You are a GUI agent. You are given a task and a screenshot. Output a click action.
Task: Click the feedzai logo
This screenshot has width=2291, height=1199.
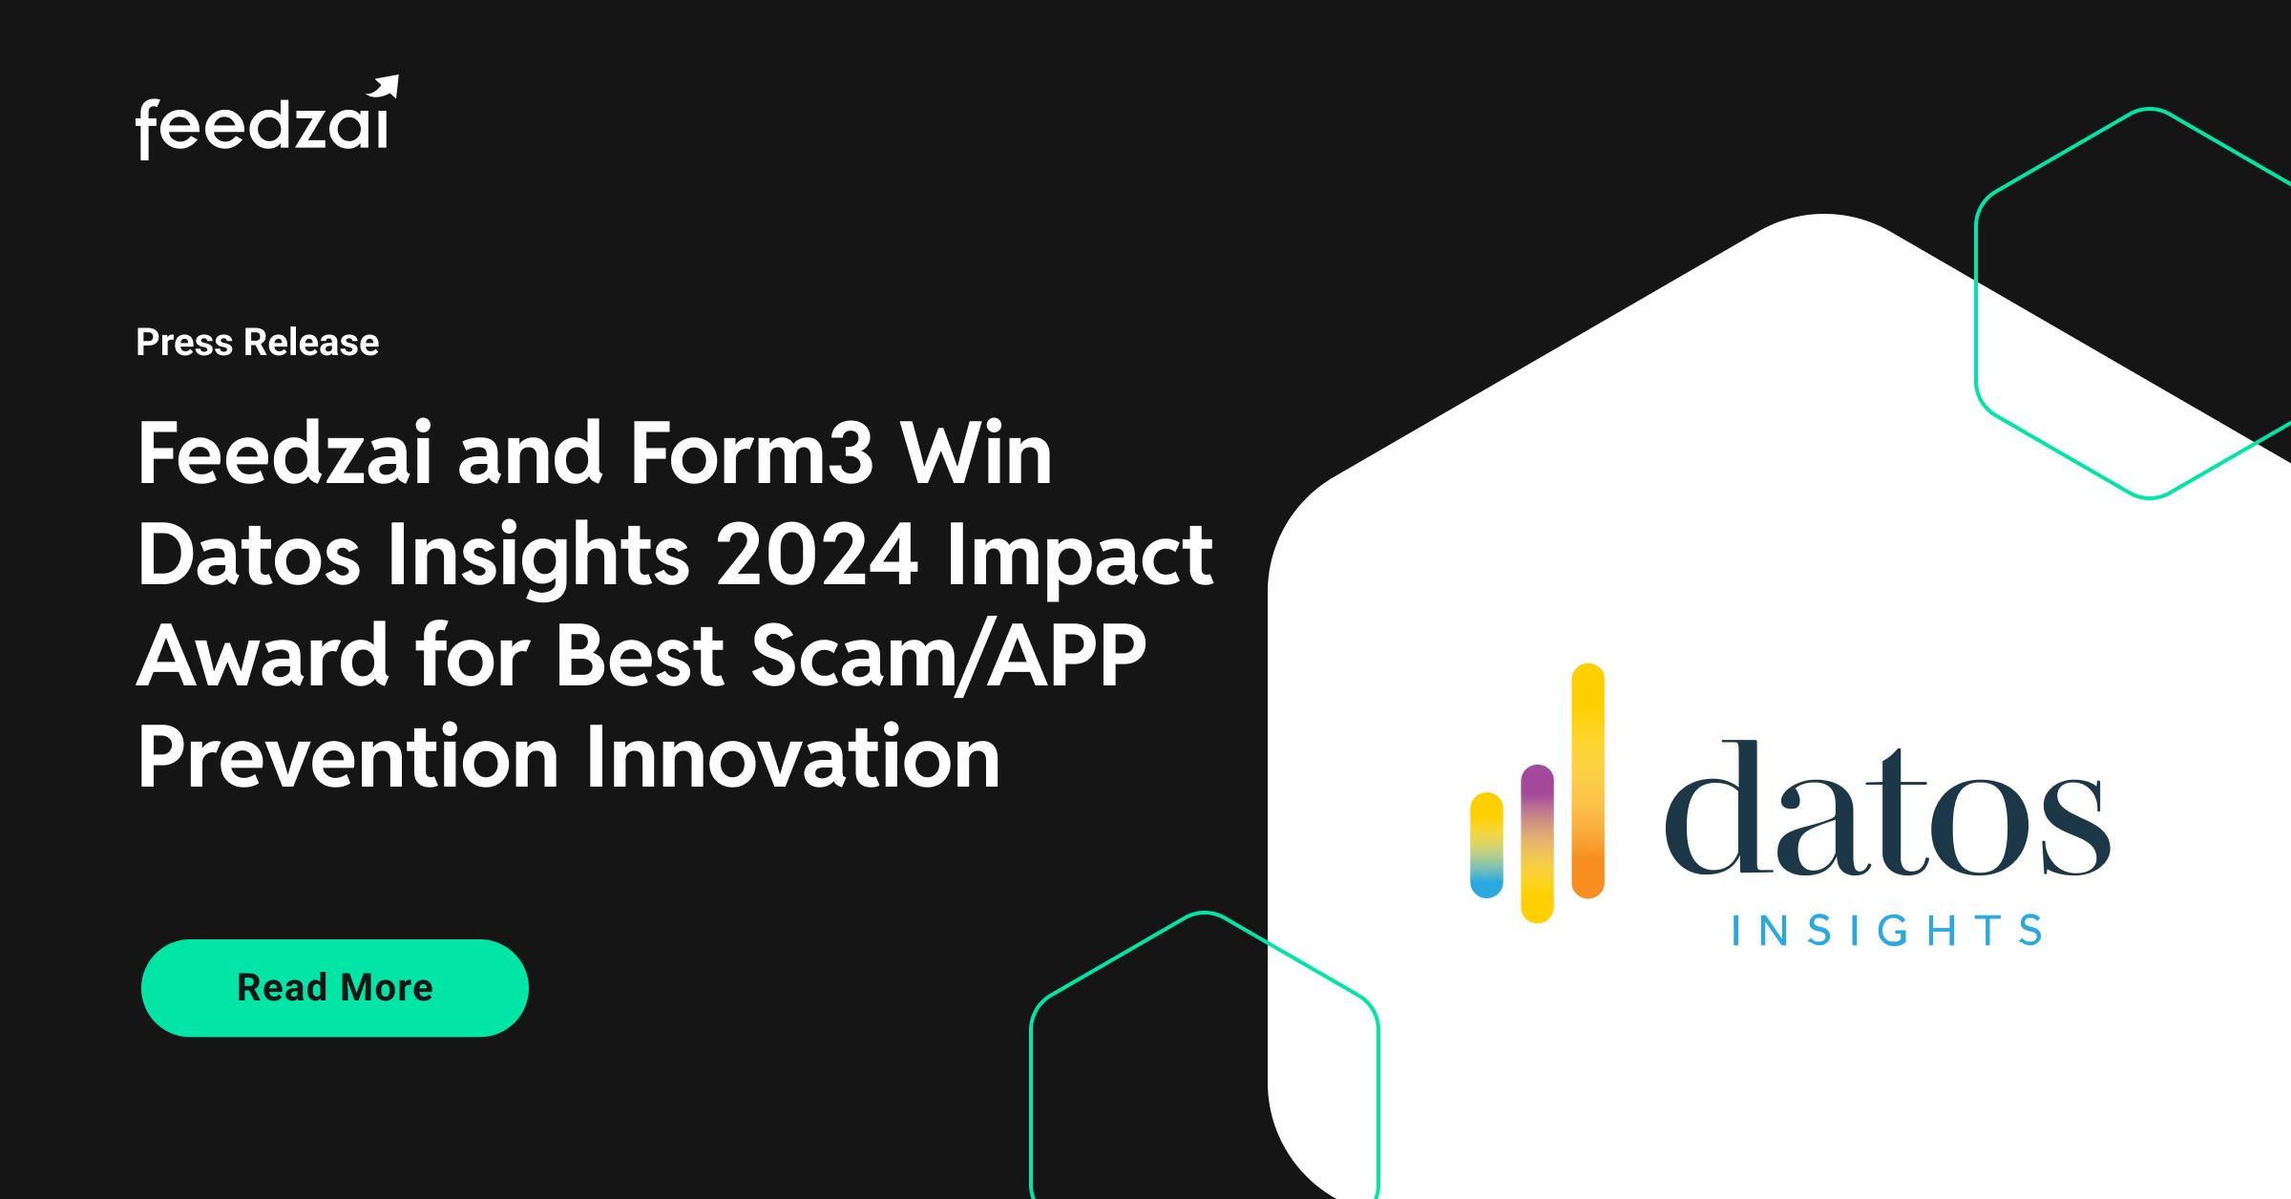pos(263,124)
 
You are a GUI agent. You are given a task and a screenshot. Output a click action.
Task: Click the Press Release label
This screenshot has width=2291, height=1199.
pos(257,342)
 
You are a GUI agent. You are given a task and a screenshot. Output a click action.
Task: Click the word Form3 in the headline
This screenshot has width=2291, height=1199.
pos(751,454)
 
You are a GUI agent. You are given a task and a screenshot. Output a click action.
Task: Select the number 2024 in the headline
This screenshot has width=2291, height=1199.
pos(817,556)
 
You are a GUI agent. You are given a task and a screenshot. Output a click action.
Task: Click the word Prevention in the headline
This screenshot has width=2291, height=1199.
pos(348,758)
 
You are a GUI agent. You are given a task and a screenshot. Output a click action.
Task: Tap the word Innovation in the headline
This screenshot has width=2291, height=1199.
pos(792,758)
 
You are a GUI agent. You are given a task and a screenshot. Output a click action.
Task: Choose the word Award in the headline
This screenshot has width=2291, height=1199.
pos(263,657)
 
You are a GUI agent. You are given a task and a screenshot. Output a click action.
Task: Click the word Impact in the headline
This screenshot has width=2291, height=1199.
pos(1080,556)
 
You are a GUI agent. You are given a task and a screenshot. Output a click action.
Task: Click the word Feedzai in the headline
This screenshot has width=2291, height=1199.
pos(284,454)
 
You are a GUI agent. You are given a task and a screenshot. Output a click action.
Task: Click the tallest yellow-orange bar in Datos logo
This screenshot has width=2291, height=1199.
pos(1587,781)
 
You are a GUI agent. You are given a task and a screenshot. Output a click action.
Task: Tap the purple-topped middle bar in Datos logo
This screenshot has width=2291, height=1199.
pos(1537,844)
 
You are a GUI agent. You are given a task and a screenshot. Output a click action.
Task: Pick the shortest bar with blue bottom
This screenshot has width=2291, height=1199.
pos(1486,846)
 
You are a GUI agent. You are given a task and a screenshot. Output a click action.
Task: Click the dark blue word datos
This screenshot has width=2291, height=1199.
pos(1887,811)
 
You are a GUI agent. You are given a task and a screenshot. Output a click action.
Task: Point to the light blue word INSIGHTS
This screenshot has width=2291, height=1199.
pos(1887,931)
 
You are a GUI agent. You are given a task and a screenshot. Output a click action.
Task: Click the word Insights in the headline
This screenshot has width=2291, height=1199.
pos(538,556)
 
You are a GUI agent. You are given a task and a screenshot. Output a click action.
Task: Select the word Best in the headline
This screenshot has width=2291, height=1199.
pos(641,657)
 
